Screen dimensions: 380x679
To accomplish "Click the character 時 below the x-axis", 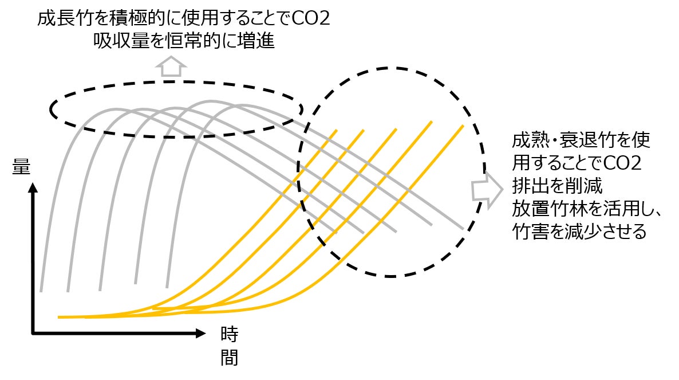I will point(229,334).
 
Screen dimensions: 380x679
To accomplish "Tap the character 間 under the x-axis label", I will point(229,357).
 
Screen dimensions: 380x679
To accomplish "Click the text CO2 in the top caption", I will point(310,19).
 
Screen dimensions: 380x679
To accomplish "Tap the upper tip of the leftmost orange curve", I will point(336,130).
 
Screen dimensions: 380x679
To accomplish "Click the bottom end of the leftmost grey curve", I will point(41,291).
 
